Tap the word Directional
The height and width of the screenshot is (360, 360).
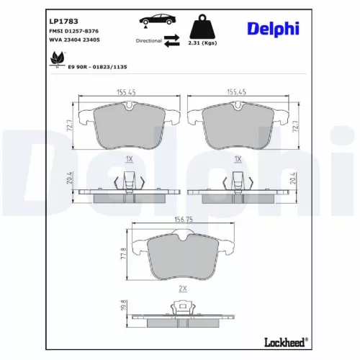click(x=150, y=41)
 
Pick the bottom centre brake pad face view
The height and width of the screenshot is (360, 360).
click(x=183, y=258)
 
